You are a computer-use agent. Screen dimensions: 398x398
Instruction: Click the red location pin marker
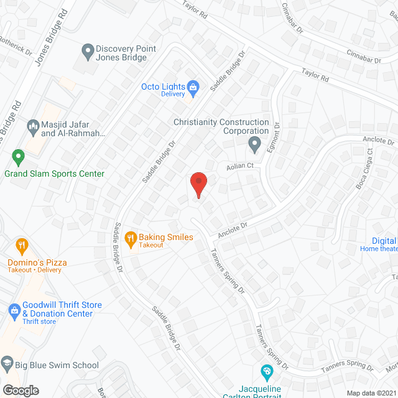[198, 185]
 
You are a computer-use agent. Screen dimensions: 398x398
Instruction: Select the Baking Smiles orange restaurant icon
[130, 237]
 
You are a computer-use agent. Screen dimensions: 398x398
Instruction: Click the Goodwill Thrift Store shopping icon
[14, 309]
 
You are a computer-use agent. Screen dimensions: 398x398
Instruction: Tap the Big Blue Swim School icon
[7, 363]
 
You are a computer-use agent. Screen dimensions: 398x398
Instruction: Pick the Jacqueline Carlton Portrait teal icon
[267, 373]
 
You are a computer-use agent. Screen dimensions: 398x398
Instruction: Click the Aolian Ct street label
[241, 165]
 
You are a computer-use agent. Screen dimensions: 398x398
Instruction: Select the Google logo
[20, 390]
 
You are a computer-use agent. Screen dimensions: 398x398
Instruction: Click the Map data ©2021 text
[371, 393]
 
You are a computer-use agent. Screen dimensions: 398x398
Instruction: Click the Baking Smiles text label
[165, 238]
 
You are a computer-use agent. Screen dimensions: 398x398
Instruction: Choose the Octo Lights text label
[164, 86]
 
